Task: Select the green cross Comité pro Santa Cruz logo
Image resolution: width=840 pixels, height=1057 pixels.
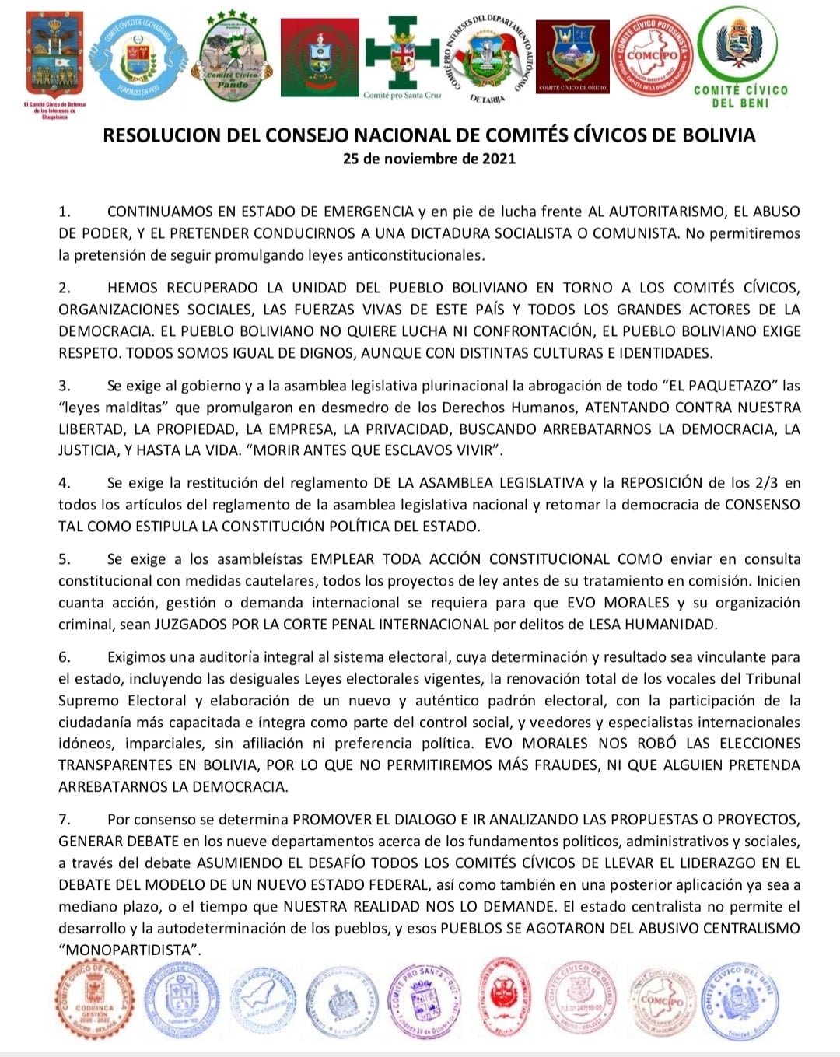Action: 403,54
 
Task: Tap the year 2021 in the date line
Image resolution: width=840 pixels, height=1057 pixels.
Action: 496,159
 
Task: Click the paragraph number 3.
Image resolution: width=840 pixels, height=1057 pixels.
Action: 65,386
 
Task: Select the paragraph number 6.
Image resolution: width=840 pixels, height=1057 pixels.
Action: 65,657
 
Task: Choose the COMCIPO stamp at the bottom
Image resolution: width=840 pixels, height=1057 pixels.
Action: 660,1002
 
